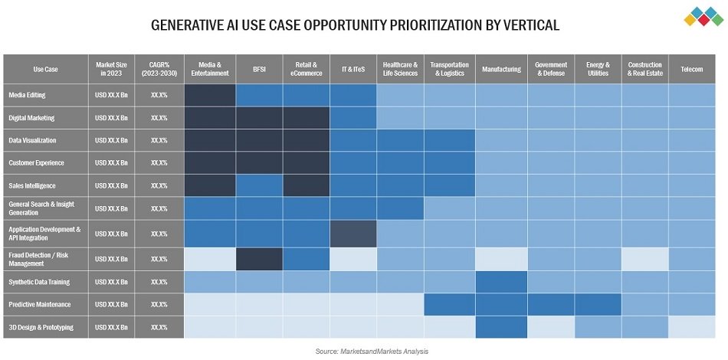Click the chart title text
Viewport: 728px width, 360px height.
(355, 25)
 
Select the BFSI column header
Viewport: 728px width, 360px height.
(259, 69)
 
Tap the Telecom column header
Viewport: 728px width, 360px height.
(691, 69)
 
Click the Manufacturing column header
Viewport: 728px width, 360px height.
(501, 69)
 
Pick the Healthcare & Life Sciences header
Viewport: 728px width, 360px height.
(400, 69)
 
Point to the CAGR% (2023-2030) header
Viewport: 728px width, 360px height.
(159, 69)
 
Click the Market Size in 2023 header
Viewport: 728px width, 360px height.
(111, 69)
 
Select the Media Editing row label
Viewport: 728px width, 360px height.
(27, 96)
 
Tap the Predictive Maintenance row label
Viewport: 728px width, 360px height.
(39, 304)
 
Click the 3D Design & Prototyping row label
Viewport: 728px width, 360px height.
(41, 327)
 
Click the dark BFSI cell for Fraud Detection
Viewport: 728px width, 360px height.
(259, 259)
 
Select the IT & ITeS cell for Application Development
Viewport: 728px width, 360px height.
(353, 234)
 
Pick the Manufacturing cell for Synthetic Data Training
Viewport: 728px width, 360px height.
(501, 281)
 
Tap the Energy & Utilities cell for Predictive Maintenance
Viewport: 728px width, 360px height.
(598, 304)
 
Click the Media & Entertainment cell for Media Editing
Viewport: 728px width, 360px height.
(209, 96)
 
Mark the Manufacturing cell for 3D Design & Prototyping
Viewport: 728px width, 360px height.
(501, 327)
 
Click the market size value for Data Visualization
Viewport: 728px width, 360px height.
(111, 140)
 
